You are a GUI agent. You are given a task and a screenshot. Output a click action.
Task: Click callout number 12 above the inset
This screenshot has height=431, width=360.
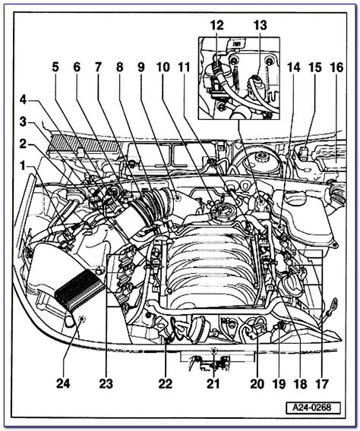(217, 26)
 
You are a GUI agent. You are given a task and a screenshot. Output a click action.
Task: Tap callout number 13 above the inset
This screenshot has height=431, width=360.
(261, 26)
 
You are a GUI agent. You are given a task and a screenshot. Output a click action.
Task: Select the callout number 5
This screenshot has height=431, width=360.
(55, 68)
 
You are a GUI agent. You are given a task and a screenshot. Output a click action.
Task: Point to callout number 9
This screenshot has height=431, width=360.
(141, 68)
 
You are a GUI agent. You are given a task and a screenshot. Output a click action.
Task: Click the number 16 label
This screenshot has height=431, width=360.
(336, 68)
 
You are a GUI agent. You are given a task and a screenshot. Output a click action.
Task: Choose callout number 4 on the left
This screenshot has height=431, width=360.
(23, 100)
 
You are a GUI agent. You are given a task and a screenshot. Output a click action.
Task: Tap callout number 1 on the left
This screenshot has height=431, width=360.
(23, 166)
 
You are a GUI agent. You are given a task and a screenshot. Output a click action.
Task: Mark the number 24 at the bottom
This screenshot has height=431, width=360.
(63, 383)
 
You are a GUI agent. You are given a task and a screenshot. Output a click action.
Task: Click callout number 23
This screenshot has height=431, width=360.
(106, 383)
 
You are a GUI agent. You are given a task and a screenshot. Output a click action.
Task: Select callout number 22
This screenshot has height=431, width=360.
(166, 383)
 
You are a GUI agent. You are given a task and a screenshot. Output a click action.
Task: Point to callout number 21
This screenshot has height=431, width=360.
(213, 383)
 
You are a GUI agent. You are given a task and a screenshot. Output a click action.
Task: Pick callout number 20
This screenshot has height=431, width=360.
(257, 383)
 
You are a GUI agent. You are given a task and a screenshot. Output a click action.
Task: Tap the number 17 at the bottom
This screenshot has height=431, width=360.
(321, 383)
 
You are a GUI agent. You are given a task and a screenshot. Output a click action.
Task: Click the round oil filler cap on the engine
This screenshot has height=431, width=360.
(219, 212)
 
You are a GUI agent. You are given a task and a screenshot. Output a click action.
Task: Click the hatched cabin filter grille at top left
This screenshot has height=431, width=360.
(84, 143)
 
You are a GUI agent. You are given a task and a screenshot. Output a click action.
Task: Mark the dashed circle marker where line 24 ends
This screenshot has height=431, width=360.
(82, 319)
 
